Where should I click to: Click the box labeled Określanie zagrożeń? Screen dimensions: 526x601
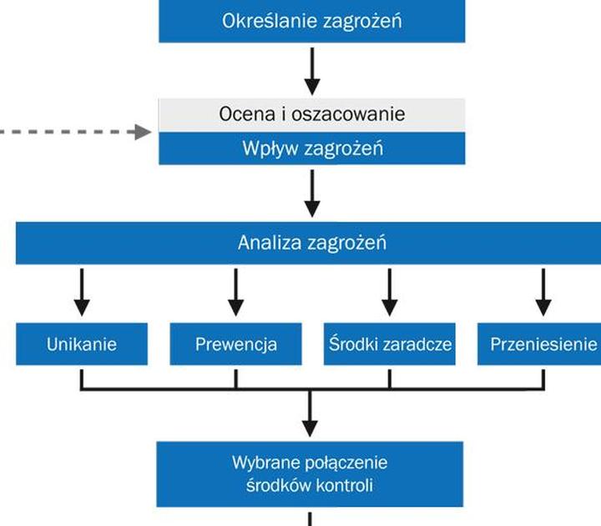[311, 21]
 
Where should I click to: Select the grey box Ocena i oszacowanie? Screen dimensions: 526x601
[311, 113]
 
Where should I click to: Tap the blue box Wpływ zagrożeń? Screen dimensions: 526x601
[311, 149]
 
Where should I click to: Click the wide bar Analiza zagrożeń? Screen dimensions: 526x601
[311, 243]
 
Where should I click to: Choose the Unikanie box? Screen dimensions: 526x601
[81, 343]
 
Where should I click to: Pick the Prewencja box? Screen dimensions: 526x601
[235, 343]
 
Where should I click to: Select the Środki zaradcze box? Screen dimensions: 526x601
[389, 343]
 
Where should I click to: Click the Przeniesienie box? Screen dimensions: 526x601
[540, 343]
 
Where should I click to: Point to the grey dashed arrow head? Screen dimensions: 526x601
[144, 132]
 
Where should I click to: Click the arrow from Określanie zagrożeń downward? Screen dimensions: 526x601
[311, 70]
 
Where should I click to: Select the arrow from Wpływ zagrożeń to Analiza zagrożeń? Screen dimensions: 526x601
[311, 193]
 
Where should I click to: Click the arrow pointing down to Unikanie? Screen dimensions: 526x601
[81, 291]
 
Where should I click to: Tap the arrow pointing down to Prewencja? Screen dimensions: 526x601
[235, 291]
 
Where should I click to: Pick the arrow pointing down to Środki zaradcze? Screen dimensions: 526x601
[389, 291]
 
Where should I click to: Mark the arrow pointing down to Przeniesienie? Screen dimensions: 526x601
[543, 291]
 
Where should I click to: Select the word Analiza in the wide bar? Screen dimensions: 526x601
[264, 243]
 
